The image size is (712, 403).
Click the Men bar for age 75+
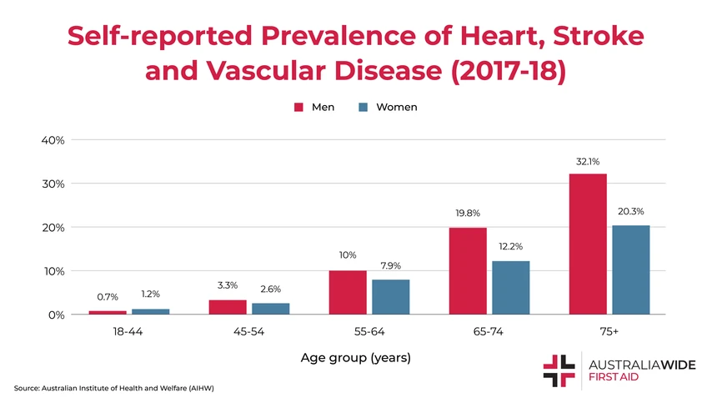[588, 244]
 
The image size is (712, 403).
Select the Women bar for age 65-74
[510, 287]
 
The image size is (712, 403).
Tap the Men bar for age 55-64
[348, 292]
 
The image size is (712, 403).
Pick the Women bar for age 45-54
[270, 308]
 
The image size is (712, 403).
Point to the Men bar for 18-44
[108, 312]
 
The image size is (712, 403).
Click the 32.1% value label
[588, 162]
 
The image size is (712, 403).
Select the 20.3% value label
[630, 212]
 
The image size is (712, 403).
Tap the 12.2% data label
[510, 247]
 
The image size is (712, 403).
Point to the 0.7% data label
[108, 296]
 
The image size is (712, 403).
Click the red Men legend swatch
[298, 107]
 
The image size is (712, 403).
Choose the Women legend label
[397, 107]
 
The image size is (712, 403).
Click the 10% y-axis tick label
[53, 271]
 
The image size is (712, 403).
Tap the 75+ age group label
[609, 332]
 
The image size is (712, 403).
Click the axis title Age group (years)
[356, 358]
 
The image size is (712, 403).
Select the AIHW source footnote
[114, 388]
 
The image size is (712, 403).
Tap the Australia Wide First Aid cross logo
[559, 370]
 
